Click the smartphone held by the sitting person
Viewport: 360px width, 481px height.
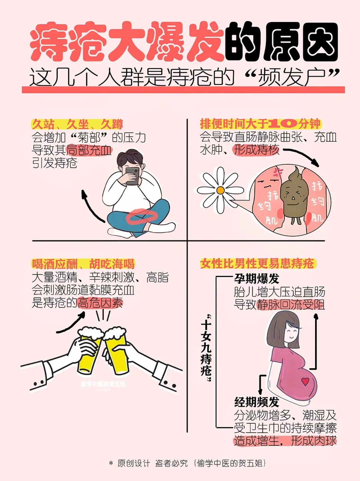coord(132,176)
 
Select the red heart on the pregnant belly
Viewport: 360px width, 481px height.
coord(305,382)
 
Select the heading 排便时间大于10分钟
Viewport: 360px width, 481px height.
coord(260,124)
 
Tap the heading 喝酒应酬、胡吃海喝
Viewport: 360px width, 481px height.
coord(83,264)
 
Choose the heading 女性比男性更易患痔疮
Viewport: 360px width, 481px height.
coord(257,263)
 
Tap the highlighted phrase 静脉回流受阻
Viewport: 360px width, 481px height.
coord(291,305)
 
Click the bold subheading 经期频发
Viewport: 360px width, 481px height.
coord(257,402)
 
